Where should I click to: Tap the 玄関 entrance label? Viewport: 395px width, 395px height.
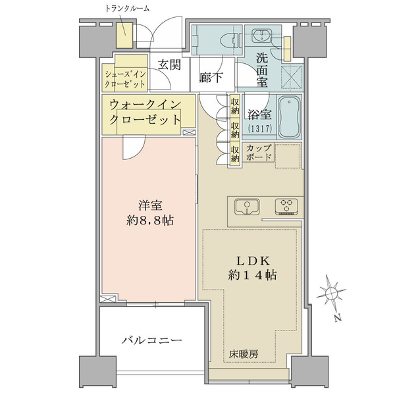point(169,65)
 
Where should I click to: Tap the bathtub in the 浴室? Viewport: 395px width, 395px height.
point(290,117)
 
